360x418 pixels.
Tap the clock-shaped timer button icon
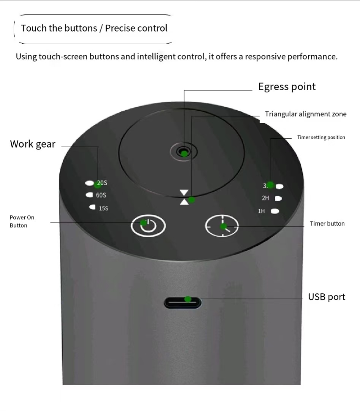(222, 226)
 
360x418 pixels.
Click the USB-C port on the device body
(183, 303)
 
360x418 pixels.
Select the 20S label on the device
(102, 183)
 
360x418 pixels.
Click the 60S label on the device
(101, 195)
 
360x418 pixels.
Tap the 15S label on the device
(103, 208)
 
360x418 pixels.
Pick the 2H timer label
(265, 198)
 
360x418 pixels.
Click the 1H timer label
(262, 211)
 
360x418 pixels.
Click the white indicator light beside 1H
(274, 211)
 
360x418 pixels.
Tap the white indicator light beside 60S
(90, 195)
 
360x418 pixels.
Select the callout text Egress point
(287, 87)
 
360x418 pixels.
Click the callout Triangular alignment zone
(306, 114)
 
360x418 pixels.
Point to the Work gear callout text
(33, 144)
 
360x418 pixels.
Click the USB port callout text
(327, 297)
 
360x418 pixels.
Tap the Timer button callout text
(327, 224)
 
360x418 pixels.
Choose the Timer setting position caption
(321, 137)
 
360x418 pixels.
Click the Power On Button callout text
(22, 221)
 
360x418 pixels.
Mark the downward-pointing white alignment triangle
(184, 193)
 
